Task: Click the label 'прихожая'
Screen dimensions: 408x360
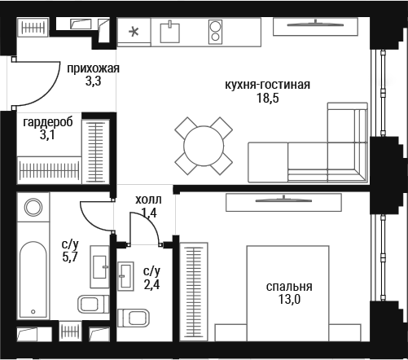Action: (x=93, y=68)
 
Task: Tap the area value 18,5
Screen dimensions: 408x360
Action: (x=268, y=98)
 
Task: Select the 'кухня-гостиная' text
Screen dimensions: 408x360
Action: (x=267, y=85)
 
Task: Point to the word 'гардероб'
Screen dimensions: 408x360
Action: (x=48, y=122)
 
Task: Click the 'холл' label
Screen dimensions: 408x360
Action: (x=148, y=200)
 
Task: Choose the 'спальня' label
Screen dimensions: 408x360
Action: (x=289, y=287)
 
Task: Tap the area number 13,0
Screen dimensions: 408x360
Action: (x=289, y=299)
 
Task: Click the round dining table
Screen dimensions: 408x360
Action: (x=204, y=146)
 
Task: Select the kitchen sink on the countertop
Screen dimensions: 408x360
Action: (x=170, y=31)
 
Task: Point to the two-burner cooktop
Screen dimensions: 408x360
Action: (x=215, y=32)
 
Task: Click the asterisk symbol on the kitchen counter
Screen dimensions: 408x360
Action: (x=134, y=32)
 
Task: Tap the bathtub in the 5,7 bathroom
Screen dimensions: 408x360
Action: (x=33, y=279)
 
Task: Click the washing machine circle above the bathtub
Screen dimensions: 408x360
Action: (x=33, y=208)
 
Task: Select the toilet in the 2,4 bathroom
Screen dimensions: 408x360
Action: (x=134, y=318)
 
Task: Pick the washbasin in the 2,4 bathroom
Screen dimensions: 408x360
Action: (x=125, y=276)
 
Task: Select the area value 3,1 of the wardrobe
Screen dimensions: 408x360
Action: (x=47, y=134)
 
